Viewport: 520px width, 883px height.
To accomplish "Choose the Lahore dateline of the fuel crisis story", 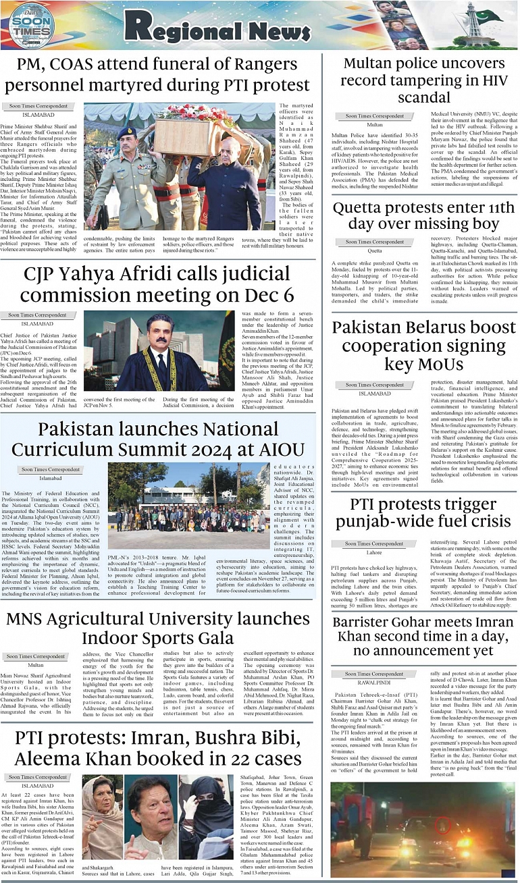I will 374,552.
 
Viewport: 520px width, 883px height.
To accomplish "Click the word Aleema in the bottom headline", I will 55,758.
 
